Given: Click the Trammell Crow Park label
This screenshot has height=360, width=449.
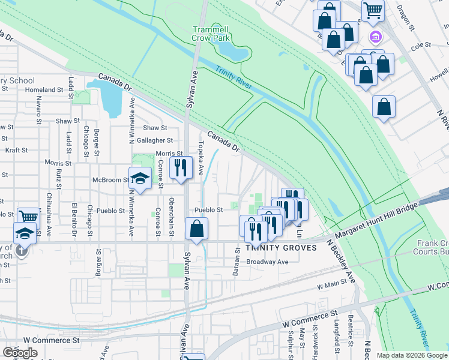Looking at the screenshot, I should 211,34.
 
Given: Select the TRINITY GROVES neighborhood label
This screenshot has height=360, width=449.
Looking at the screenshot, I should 276,248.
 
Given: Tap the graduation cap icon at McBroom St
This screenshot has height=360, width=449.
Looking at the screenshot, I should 140,179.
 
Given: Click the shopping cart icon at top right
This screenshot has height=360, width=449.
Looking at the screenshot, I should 373,10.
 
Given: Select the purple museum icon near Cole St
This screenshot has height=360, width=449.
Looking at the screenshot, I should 376,37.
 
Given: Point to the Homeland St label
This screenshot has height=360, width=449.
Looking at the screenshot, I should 44,90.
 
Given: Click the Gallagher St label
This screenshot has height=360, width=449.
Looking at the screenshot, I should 155,140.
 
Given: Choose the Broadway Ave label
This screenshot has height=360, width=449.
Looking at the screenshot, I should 268,262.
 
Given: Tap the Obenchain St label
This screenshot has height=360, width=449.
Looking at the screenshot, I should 172,208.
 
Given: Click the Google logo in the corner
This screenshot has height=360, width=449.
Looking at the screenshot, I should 20,353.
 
